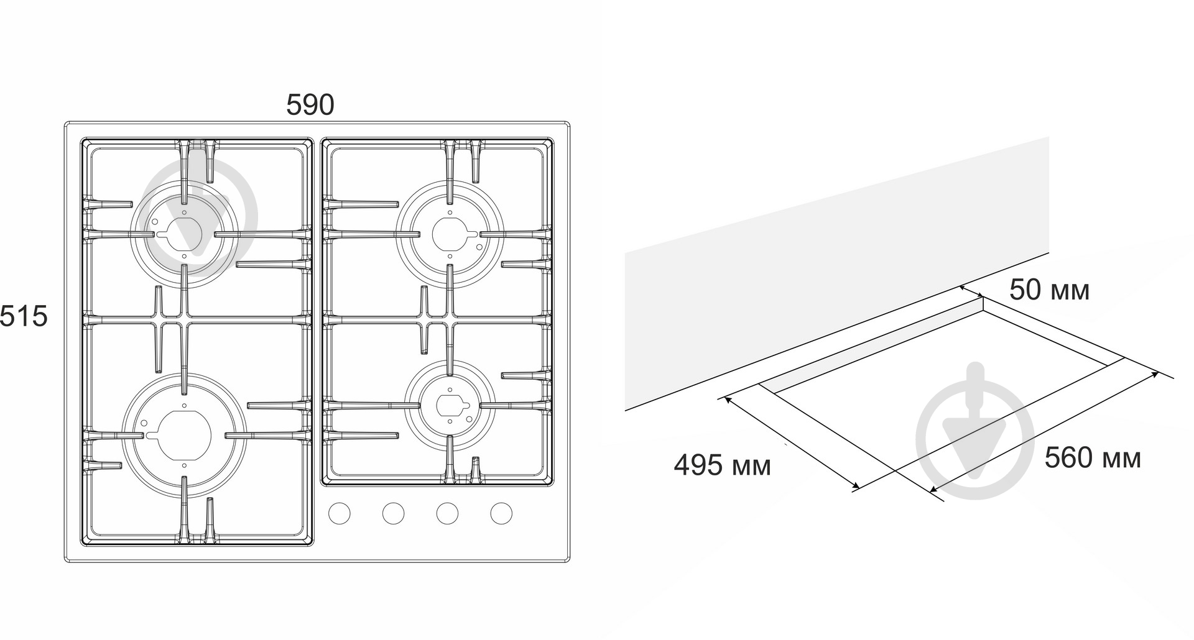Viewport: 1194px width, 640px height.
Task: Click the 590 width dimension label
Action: tap(310, 105)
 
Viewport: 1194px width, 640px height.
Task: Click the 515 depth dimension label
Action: tap(24, 316)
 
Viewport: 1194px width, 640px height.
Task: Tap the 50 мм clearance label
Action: tap(1049, 290)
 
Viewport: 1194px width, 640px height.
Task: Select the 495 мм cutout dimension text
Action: tap(722, 465)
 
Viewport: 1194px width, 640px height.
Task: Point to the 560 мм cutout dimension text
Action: tap(1093, 458)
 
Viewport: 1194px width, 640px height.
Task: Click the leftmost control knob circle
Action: tap(339, 513)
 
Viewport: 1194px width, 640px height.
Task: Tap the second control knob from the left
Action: tap(393, 513)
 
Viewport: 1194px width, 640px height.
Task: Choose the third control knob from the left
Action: tap(447, 513)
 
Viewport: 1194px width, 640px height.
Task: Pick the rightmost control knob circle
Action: tap(501, 513)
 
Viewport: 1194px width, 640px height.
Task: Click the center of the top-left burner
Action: tap(184, 234)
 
